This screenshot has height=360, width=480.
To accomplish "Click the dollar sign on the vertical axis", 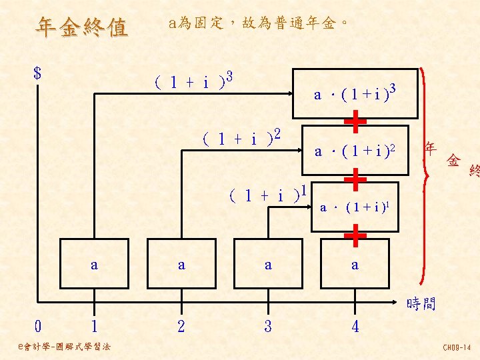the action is coord(37,73).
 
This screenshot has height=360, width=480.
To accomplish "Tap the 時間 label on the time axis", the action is coord(421,305).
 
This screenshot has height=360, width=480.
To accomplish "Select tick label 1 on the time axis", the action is coord(94,327).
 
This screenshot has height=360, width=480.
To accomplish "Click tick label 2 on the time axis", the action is coord(181,327).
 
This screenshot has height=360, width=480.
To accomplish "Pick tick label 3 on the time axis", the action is coord(268,327).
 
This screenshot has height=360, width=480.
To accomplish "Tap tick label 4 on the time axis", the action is coord(355,327).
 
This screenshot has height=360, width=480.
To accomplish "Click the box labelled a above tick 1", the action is coord(94,265).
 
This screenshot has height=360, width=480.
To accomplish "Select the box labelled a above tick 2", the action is coord(181,265).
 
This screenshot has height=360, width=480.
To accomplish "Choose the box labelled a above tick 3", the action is coord(268,265).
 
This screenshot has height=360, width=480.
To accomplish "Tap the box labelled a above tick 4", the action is coord(355,265).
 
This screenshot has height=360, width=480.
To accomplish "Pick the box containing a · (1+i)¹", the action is coord(355,207).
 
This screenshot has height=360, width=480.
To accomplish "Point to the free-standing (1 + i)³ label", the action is coord(192,82).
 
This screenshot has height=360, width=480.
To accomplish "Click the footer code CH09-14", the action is coord(457,347).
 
